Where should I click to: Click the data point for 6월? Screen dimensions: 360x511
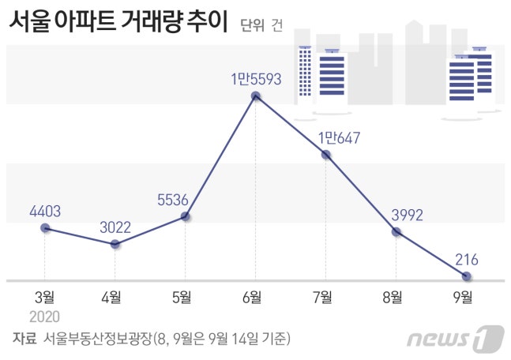click(256, 96)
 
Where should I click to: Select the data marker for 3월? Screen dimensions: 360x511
click(45, 228)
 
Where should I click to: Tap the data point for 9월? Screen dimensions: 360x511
click(467, 276)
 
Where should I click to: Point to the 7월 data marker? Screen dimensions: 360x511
click(325, 155)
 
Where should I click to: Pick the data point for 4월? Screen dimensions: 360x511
click(115, 244)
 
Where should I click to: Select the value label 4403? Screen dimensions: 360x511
click(45, 211)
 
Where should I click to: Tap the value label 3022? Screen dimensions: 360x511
click(115, 227)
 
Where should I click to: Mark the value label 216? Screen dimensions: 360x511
click(467, 259)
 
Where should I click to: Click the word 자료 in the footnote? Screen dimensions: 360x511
click(24, 339)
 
